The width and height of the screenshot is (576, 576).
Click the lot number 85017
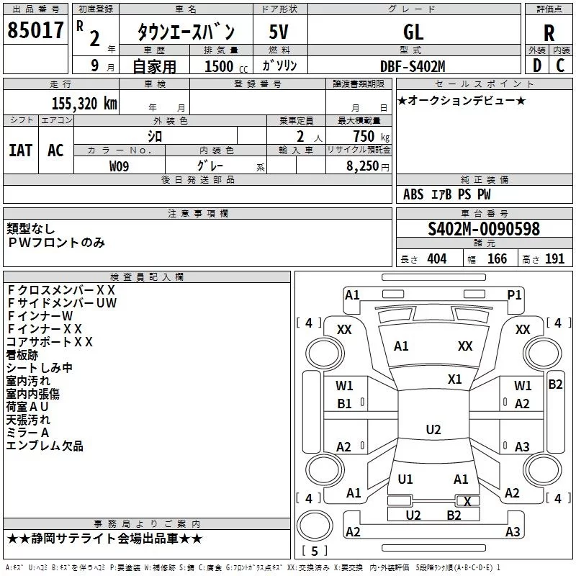[x=35, y=31]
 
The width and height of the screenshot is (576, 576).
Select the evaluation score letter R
[x=549, y=33]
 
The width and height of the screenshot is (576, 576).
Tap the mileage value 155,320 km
[x=84, y=103]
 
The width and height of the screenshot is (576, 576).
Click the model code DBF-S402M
[x=413, y=66]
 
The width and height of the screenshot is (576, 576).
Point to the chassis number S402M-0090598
[x=483, y=229]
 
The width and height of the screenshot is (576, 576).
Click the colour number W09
[x=120, y=166]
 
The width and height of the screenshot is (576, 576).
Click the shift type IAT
[x=20, y=150]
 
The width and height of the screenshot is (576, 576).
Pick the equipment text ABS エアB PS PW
[x=446, y=194]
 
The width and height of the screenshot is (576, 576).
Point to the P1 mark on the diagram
[x=514, y=294]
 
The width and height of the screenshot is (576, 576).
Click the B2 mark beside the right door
[x=555, y=384]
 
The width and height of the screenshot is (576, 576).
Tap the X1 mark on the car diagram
[x=454, y=379]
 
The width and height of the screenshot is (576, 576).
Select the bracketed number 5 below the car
[x=313, y=552]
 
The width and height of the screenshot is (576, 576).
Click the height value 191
[x=554, y=259]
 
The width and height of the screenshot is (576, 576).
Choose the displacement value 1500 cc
[x=220, y=66]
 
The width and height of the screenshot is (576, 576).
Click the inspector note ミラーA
[x=27, y=432]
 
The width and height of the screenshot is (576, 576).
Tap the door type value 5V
[x=279, y=32]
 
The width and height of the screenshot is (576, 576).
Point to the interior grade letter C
[x=560, y=66]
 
